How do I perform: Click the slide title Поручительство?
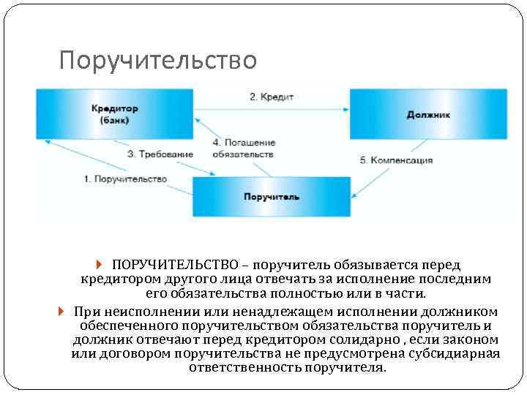pos(158,61)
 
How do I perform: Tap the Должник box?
pos(428,114)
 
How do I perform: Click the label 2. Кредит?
pos(272,97)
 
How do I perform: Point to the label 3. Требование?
pos(160,154)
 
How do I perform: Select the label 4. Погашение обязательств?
pos(244,148)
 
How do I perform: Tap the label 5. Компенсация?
pos(397,160)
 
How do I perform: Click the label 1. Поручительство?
pos(125,179)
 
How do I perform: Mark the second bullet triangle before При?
pos(61,310)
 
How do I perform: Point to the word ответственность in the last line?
pos(244,368)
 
